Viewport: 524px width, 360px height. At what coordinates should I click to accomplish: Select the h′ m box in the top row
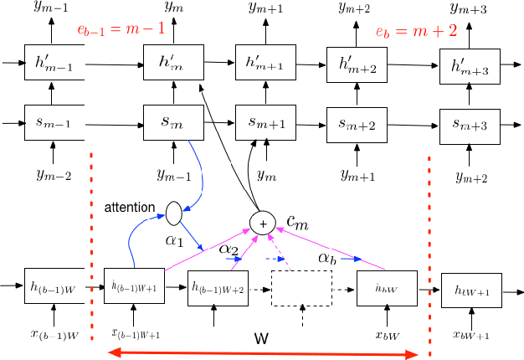click(172, 61)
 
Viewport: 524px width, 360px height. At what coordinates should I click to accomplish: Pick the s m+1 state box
click(265, 123)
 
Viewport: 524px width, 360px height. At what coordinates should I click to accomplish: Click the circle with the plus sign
click(263, 222)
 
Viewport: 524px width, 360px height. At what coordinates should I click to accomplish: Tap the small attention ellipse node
click(174, 213)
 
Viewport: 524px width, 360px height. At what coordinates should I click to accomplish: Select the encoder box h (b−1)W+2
click(217, 289)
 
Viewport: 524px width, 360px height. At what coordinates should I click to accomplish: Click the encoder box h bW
click(386, 289)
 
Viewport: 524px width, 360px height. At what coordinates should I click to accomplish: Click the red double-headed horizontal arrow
click(263, 355)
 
